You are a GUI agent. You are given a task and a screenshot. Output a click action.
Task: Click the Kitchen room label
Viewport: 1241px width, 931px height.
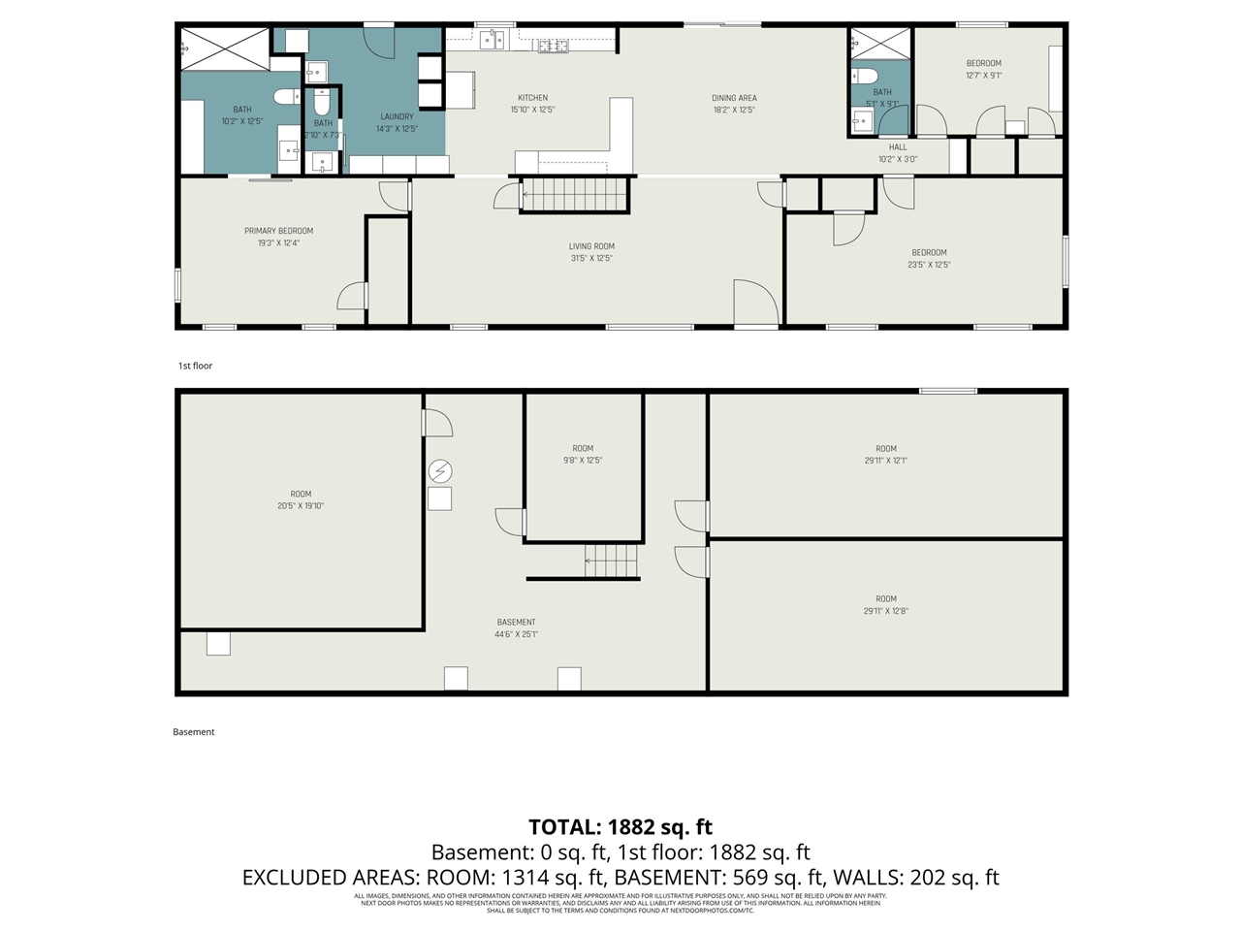pos(532,98)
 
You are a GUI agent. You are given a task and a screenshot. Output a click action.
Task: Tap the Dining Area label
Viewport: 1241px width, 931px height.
pos(734,98)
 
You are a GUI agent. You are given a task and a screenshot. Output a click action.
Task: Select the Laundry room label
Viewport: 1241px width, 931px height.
pos(397,116)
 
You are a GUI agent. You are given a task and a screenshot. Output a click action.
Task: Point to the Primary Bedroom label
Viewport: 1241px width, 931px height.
pos(278,231)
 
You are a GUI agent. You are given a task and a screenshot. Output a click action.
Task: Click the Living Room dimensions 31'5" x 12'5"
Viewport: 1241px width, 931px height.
pos(591,259)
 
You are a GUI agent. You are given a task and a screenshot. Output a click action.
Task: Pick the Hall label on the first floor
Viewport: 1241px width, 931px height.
pos(898,147)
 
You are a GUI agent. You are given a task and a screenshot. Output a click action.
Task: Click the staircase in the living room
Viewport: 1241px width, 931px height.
pos(576,195)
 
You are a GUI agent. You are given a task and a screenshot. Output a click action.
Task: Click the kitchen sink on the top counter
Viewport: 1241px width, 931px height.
pos(493,39)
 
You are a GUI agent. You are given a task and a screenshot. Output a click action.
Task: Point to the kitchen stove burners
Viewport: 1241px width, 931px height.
pos(553,45)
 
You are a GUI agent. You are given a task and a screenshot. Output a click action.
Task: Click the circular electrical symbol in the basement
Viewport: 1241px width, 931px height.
pos(440,471)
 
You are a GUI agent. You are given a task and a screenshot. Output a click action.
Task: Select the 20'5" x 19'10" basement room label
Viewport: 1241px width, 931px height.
pos(301,494)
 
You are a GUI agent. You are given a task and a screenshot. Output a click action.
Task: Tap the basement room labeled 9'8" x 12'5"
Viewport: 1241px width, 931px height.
pos(583,454)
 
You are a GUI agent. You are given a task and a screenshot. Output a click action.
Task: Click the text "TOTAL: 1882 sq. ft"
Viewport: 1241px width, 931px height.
pos(620,827)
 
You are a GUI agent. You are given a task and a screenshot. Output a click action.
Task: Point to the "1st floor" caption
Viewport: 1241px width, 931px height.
pos(195,366)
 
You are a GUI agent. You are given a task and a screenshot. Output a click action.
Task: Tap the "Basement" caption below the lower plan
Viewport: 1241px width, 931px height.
pos(194,732)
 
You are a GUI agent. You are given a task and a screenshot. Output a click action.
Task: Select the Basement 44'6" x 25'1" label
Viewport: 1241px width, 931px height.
pos(516,623)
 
